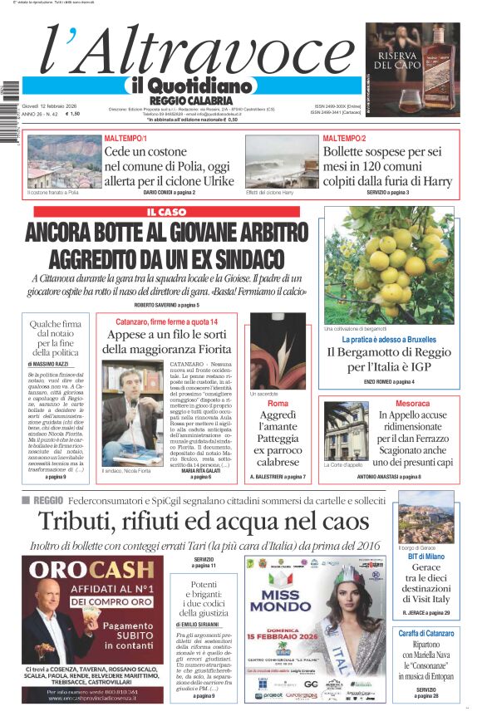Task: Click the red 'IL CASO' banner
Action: pos(173,213)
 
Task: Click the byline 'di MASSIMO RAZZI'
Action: pos(53,365)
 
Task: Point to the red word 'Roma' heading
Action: pos(278,403)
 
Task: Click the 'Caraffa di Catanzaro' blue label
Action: pos(425,634)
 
